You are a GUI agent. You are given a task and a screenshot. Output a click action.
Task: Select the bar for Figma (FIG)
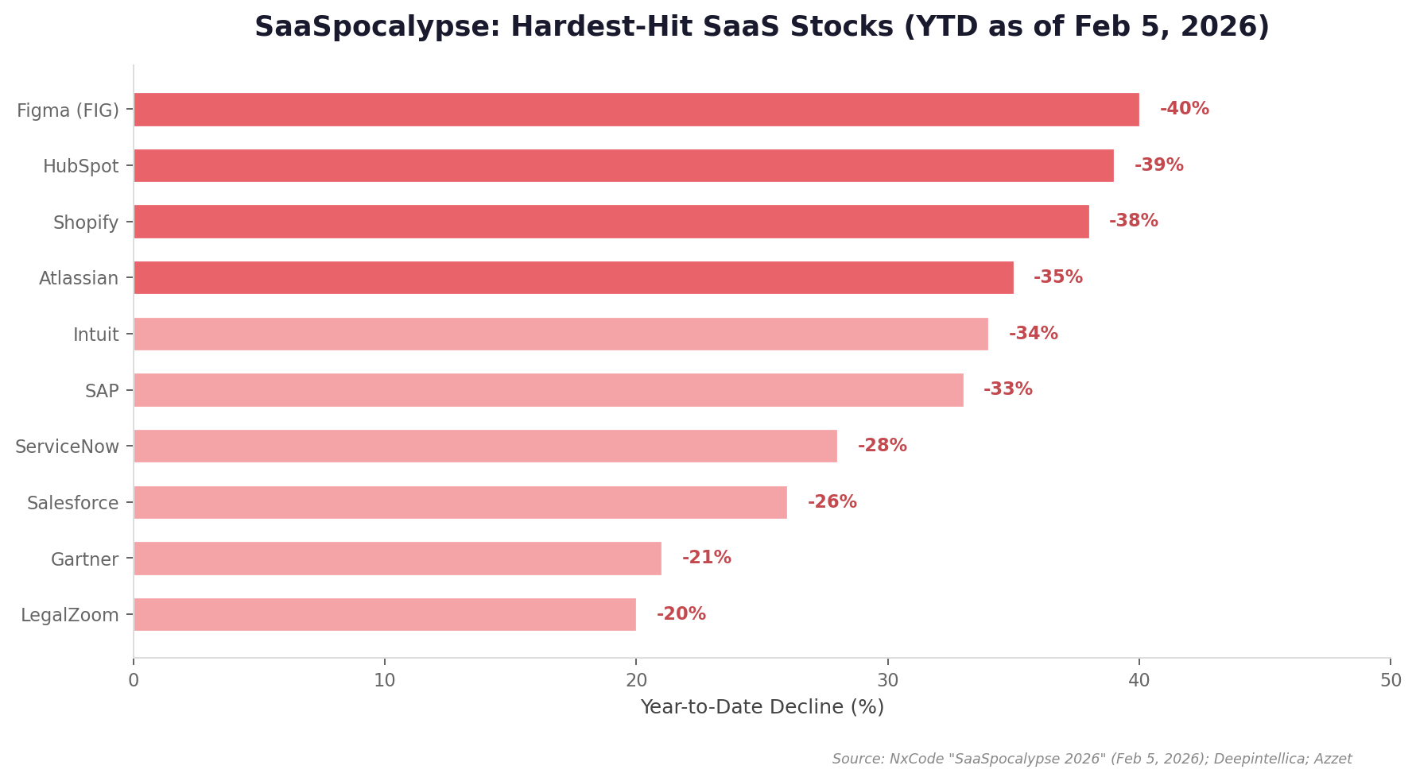coord(636,110)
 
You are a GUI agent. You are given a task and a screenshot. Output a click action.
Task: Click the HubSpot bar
coord(623,165)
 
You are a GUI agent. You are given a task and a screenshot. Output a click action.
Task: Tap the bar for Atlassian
coord(573,277)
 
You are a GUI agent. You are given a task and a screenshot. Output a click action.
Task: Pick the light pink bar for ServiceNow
coord(485,446)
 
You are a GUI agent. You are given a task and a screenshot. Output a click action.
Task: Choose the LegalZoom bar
coord(385,614)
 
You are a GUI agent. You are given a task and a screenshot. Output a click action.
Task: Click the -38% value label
coord(1133,221)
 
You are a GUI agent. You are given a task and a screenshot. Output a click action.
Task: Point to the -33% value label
coord(1007,389)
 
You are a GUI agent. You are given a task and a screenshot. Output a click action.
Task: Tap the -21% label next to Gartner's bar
coord(706,558)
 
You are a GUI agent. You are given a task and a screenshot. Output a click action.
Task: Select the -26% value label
coord(832,502)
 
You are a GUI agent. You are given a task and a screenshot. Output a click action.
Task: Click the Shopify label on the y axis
coord(86,222)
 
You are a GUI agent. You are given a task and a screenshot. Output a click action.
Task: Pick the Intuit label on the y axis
coord(95,334)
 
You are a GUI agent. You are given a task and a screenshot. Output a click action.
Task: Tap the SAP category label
coord(102,391)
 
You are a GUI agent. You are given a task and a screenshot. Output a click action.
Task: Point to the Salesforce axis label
coord(72,503)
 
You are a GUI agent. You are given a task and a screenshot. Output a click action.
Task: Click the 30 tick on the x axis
coord(887,681)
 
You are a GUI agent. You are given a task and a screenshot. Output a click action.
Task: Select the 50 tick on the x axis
coord(1391,681)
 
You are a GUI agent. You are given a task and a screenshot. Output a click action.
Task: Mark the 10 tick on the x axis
coord(385,681)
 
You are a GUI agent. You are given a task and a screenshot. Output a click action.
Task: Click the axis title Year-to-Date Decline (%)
coord(762,707)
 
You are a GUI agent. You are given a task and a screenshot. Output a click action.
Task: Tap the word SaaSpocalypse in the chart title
coord(376,27)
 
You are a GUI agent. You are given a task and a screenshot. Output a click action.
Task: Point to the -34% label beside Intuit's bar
coord(1033,334)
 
